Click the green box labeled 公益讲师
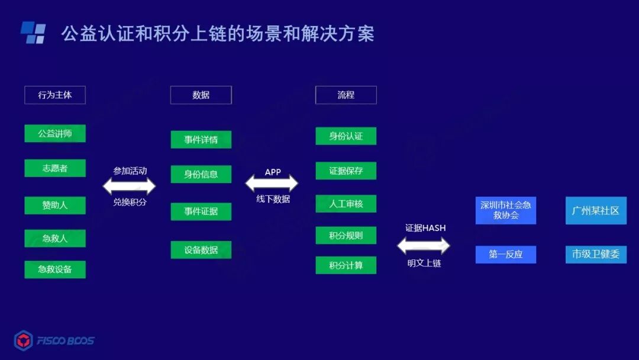55,134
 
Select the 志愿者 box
55,168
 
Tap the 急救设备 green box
55,269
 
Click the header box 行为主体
55,95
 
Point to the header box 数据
201,95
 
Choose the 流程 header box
346,95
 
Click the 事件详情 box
201,140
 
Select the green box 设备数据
201,250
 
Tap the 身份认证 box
346,136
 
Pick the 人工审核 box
346,204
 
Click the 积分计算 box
346,265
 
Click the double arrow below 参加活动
129,187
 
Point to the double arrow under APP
272,184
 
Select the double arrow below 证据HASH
423,245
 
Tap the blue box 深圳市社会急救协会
505,210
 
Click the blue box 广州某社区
595,210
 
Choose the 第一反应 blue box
505,255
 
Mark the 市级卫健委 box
595,255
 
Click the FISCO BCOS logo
54,340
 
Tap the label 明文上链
424,263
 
